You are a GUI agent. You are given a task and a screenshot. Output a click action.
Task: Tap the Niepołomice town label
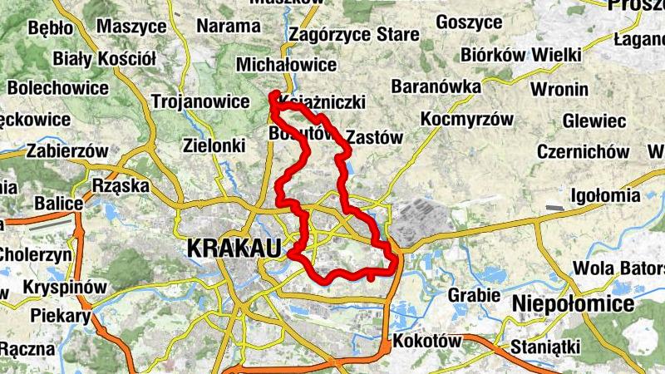(x=573, y=304)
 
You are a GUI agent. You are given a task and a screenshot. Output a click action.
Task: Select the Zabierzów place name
(x=67, y=151)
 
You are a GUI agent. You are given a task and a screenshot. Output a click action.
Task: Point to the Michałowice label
(x=286, y=64)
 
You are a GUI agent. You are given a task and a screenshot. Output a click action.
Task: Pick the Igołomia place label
(x=606, y=196)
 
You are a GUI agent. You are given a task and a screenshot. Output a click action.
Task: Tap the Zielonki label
(x=214, y=145)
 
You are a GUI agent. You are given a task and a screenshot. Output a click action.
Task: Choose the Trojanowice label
(x=200, y=101)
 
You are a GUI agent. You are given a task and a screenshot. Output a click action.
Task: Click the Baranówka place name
(x=436, y=86)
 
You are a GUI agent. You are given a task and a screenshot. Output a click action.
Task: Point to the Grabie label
(x=474, y=295)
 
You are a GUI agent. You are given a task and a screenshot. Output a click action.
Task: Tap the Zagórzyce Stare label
(x=352, y=36)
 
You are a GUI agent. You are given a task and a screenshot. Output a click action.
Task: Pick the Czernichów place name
(x=583, y=152)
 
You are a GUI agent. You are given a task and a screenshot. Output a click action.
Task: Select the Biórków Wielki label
(x=520, y=55)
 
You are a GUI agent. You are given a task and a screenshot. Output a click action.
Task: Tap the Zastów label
(x=373, y=137)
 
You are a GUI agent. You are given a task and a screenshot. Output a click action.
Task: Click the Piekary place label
(x=60, y=316)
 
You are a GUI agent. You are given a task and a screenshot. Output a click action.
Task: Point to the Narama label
(x=228, y=26)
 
